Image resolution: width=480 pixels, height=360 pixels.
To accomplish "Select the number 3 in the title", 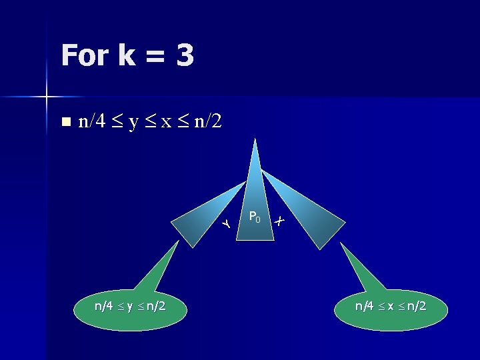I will click(185, 55).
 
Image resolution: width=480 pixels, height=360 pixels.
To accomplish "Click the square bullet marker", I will click(65, 122).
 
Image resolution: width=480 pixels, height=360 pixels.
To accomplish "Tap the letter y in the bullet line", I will click(133, 123).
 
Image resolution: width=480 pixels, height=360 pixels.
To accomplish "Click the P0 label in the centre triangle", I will click(254, 216).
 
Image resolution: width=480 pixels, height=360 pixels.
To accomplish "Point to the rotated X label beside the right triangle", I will click(280, 220).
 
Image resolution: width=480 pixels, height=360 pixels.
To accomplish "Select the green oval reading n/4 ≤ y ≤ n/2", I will click(130, 307).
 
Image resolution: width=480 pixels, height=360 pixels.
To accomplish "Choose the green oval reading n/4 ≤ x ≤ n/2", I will click(391, 307).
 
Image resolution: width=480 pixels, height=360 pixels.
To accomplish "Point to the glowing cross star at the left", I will click(47, 97).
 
